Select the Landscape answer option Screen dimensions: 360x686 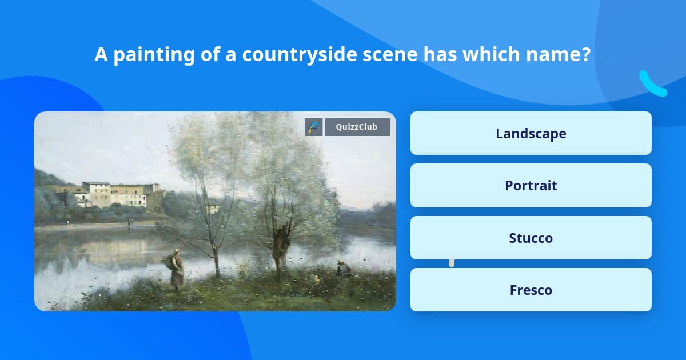click(531, 133)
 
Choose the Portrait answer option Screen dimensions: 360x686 click(531, 186)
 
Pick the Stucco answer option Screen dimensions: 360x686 click(531, 238)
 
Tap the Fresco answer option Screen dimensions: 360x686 click(531, 290)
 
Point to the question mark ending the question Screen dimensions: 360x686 click(585, 55)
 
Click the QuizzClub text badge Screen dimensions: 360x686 click(357, 127)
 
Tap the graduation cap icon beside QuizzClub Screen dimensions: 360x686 click(314, 127)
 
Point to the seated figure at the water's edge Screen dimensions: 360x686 click(342, 267)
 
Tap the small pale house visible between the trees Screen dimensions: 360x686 click(214, 208)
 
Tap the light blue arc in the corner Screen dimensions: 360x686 click(652, 85)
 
